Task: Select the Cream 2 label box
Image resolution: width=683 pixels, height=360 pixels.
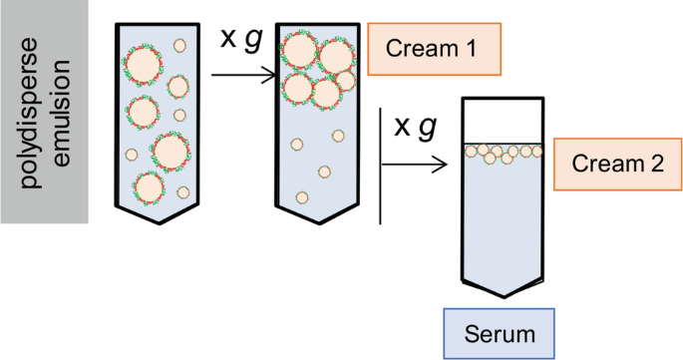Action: [612, 166]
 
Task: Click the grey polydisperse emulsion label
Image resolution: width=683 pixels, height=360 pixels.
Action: [46, 112]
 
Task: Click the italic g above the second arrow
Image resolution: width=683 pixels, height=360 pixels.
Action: [430, 127]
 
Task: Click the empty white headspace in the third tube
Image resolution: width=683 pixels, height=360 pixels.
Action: [502, 120]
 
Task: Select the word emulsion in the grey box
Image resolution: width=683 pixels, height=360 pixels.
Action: [63, 112]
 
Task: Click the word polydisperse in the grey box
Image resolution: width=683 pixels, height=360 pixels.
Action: [34, 112]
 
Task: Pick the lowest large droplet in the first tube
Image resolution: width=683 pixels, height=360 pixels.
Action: [150, 185]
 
